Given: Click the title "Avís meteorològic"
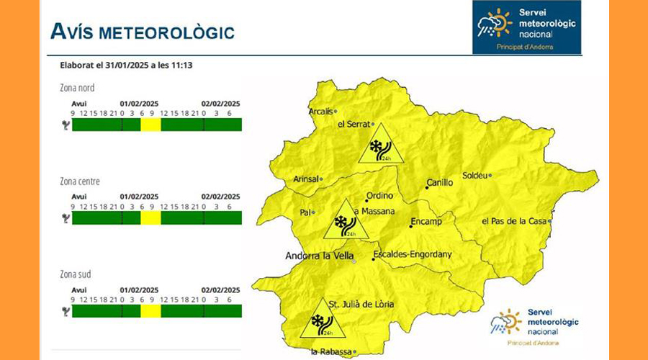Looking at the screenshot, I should pos(142,32).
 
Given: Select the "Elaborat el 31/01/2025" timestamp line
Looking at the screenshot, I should pos(130,65).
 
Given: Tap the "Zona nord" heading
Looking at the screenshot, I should pos(77,88).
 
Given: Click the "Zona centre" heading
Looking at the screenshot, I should pos(80,181).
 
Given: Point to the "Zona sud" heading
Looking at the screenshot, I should pos(76,274).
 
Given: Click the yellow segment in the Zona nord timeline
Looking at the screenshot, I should pos(150,125).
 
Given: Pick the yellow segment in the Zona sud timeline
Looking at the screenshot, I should pos(150,310).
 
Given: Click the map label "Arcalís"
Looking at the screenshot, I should pos(320,112).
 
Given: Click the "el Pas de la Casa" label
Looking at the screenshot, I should pos(514,220).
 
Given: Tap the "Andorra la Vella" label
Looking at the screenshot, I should pos(318,256).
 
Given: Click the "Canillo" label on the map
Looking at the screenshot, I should pos(440,183).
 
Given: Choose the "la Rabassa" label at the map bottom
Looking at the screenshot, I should pos(331,351).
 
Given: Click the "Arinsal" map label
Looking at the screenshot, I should pos(306,179).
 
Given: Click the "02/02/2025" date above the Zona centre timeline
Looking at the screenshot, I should pos(220,196).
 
